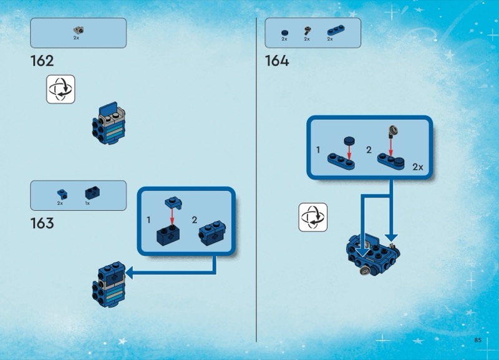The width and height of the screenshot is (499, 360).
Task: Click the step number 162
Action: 42,61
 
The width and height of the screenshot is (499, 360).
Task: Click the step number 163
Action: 42,223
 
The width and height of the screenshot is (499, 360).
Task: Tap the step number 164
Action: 277,61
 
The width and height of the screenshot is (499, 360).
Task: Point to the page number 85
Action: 478,340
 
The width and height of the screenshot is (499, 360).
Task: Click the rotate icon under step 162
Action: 61,89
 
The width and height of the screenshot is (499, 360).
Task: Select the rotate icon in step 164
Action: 312,218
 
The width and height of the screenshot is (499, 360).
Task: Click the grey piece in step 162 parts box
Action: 78,29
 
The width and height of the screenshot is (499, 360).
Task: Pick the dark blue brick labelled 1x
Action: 93,192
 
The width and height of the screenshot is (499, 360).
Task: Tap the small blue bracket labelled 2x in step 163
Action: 61,193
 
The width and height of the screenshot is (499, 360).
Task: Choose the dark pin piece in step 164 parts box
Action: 307,31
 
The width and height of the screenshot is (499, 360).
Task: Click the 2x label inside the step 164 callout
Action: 417,167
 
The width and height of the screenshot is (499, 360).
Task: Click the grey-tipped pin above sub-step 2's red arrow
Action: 392,131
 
